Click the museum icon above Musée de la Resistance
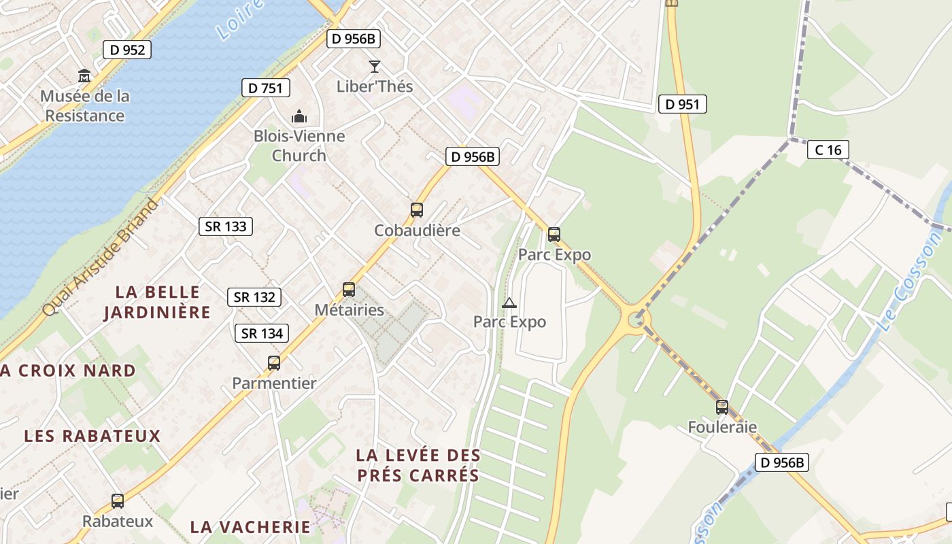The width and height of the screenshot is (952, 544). pyautogui.click(x=84, y=75)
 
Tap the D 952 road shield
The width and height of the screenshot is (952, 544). pyautogui.click(x=126, y=50)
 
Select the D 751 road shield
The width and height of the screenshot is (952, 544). pyautogui.click(x=266, y=88)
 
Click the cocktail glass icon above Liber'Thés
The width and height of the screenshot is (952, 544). pyautogui.click(x=375, y=66)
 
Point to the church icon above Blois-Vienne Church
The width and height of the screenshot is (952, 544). pyautogui.click(x=299, y=116)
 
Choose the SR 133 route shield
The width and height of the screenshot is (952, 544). pyautogui.click(x=226, y=226)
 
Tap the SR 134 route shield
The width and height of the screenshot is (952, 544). pyautogui.click(x=262, y=333)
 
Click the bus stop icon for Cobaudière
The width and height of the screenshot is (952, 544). pyautogui.click(x=417, y=210)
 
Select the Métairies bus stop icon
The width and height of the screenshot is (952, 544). pyautogui.click(x=349, y=290)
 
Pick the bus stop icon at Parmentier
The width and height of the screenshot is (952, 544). pyautogui.click(x=274, y=363)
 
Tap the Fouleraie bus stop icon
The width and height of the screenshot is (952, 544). pyautogui.click(x=722, y=407)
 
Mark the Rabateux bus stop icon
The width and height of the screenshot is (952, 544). pyautogui.click(x=118, y=501)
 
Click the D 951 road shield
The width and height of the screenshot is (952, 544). pyautogui.click(x=683, y=104)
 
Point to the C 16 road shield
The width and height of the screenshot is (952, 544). pyautogui.click(x=828, y=150)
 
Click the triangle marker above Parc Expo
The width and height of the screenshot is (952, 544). pyautogui.click(x=509, y=303)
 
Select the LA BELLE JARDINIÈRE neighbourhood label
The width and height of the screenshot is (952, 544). pyautogui.click(x=158, y=302)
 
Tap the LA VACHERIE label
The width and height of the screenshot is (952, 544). pyautogui.click(x=250, y=527)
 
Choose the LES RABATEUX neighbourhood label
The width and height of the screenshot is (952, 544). pyautogui.click(x=92, y=436)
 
